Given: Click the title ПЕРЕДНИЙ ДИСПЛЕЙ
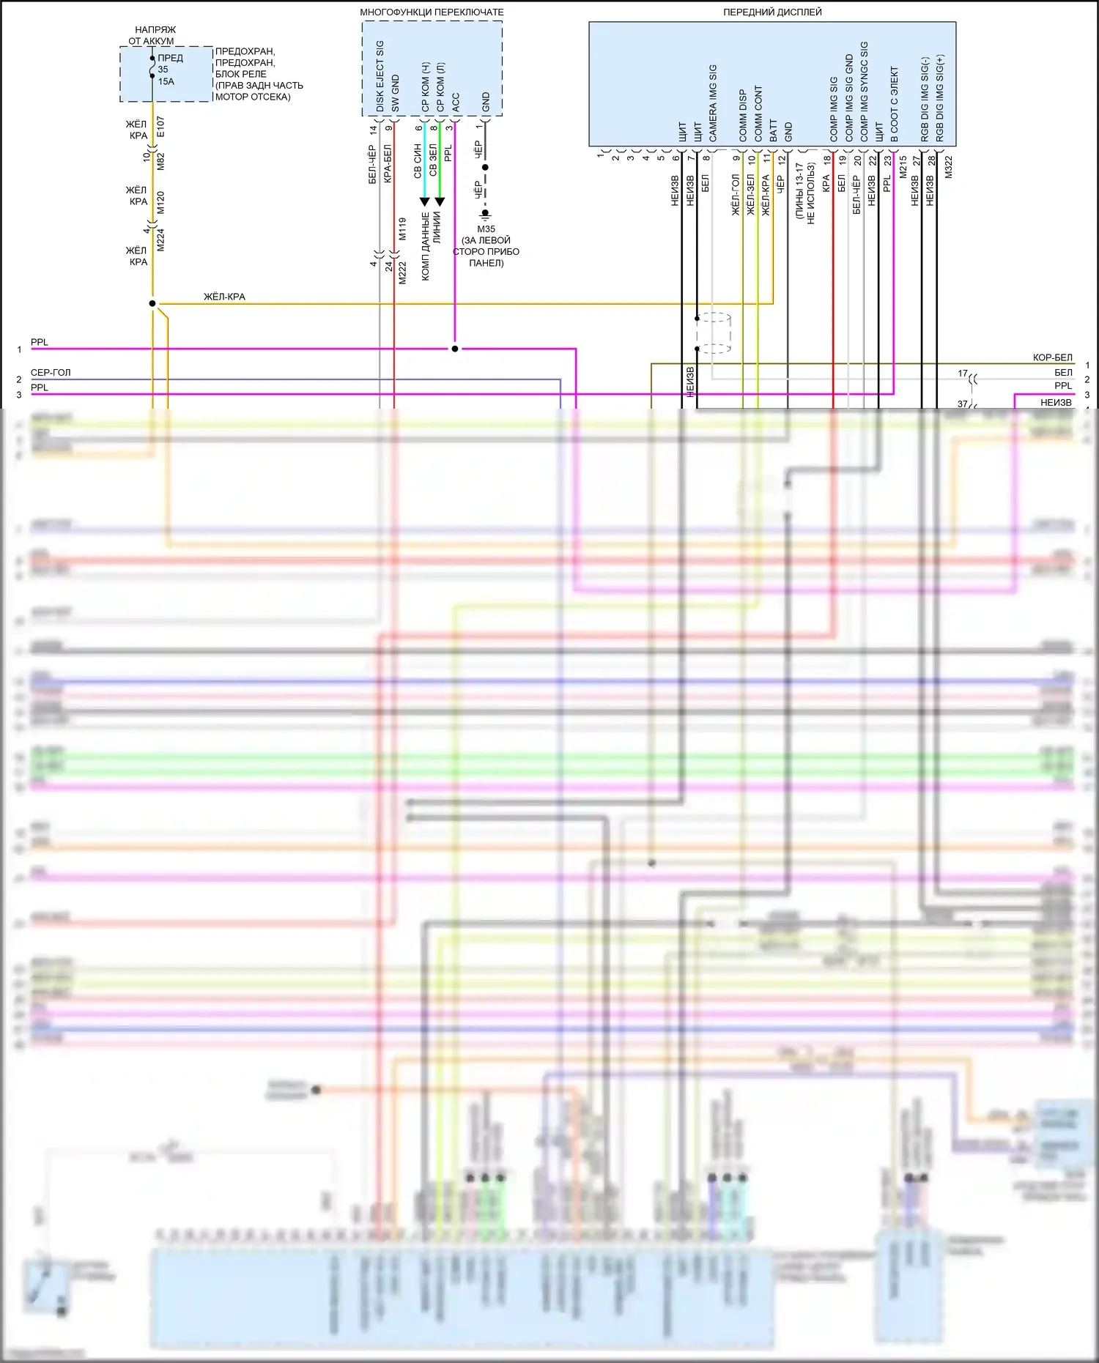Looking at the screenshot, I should pos(772,12).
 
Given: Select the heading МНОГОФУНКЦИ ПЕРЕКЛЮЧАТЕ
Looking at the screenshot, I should pos(432,12).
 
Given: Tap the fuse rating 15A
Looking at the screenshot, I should pos(166,81).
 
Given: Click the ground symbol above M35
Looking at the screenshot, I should pos(485,215).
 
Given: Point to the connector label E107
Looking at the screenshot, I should pos(160,127).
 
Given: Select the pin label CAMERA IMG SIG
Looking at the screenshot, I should pos(713,103).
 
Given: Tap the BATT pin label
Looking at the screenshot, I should pos(774,130).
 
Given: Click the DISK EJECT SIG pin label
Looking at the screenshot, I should pos(380,76).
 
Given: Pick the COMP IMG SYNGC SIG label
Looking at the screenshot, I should pos(864,92).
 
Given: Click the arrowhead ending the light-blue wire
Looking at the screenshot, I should pos(424,201).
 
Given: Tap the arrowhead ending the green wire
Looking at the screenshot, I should pos(440,201).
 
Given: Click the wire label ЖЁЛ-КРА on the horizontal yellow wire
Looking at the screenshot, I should pos(224,297).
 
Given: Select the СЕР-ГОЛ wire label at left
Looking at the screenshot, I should pos(51,372).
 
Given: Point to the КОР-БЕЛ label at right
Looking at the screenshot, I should pos(1052,357).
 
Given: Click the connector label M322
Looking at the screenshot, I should pos(949,167).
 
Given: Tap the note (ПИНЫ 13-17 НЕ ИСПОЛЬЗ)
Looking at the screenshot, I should pos(805,193).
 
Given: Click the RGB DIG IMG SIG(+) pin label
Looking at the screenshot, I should pos(940,98).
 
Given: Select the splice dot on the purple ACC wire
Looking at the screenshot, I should pos(455,349).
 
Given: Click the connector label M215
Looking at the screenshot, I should pos(903,167).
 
